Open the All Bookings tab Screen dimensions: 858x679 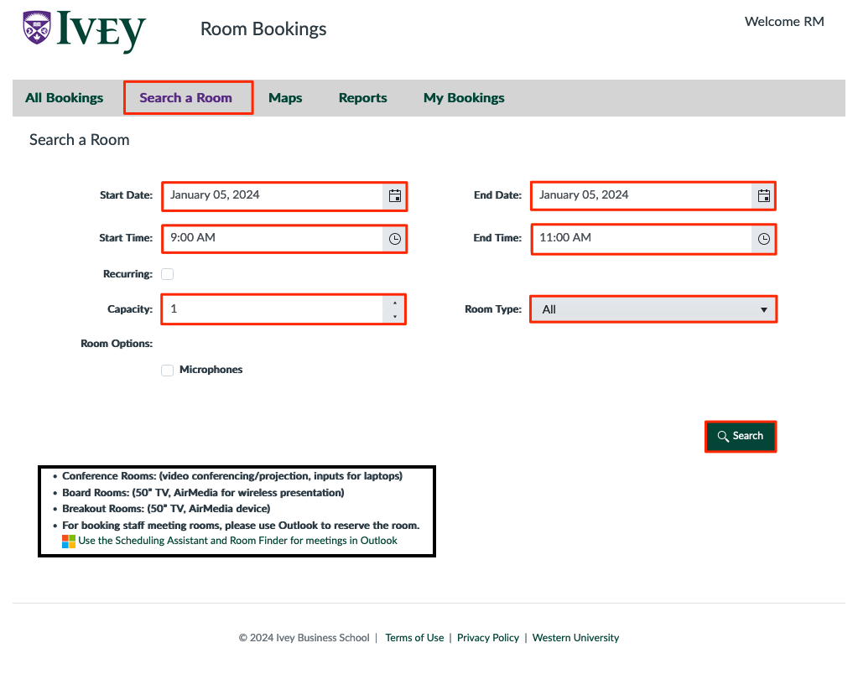pyautogui.click(x=65, y=98)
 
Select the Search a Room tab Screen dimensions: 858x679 pyautogui.click(x=186, y=98)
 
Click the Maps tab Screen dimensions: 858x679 pyautogui.click(x=285, y=98)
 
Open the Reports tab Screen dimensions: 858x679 pyautogui.click(x=363, y=98)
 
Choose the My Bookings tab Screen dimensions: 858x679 pyautogui.click(x=464, y=98)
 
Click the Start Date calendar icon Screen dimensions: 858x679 pyautogui.click(x=395, y=196)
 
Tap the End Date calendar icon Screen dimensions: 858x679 pyautogui.click(x=764, y=196)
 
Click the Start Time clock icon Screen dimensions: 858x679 pyautogui.click(x=395, y=239)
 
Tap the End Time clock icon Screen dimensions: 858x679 pyautogui.click(x=764, y=239)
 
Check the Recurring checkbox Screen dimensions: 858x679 pyautogui.click(x=168, y=274)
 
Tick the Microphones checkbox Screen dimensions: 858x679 pyautogui.click(x=168, y=371)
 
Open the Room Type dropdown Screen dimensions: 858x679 pyautogui.click(x=653, y=309)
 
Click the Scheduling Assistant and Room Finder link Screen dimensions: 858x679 pyautogui.click(x=237, y=541)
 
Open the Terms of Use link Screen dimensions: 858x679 pyautogui.click(x=414, y=638)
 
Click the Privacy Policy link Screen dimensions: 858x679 pyautogui.click(x=488, y=638)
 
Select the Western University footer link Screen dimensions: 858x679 pyautogui.click(x=575, y=638)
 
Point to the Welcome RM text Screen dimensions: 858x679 pyautogui.click(x=784, y=22)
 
